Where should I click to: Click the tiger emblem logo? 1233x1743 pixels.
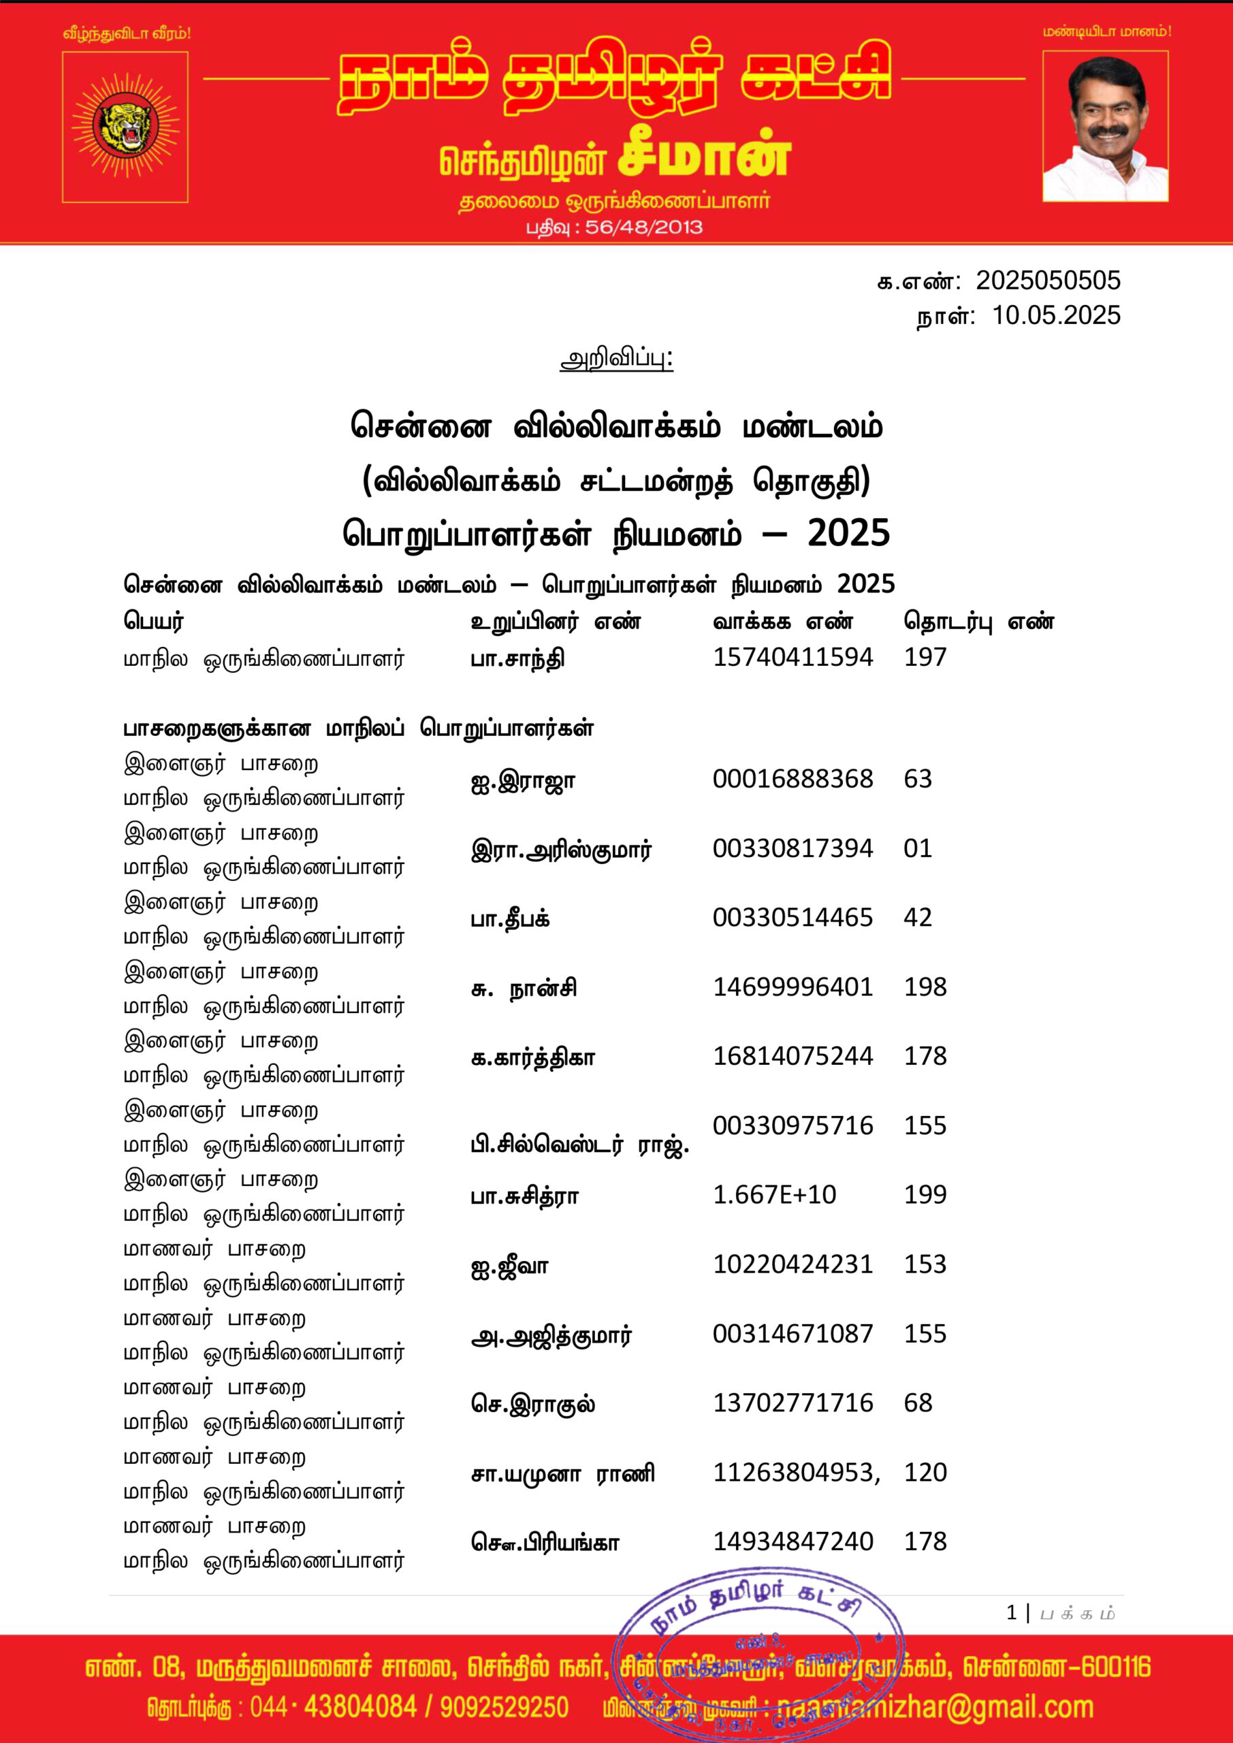(125, 126)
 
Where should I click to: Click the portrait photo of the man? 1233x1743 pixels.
(1105, 126)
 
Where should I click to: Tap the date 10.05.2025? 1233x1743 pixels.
(1056, 316)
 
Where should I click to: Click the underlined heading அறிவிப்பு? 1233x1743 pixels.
(615, 358)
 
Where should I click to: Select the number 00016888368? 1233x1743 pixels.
(792, 779)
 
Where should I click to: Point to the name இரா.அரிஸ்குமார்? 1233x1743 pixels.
(561, 850)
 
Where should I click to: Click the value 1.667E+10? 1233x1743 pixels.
(774, 1195)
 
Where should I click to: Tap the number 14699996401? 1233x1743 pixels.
(792, 987)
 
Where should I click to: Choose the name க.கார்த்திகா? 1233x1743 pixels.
(533, 1057)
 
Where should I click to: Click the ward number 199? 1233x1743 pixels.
(925, 1195)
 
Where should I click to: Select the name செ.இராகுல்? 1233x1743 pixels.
(533, 1404)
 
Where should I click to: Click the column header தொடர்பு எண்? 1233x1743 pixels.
(978, 622)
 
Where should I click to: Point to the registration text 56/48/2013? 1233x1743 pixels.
(644, 227)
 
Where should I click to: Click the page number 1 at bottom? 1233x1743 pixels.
(1011, 1613)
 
